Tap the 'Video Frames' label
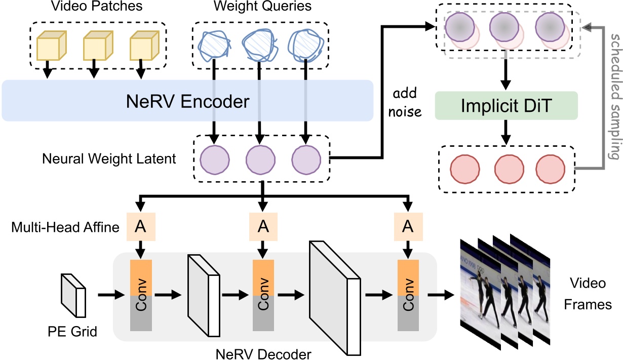click(594, 294)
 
